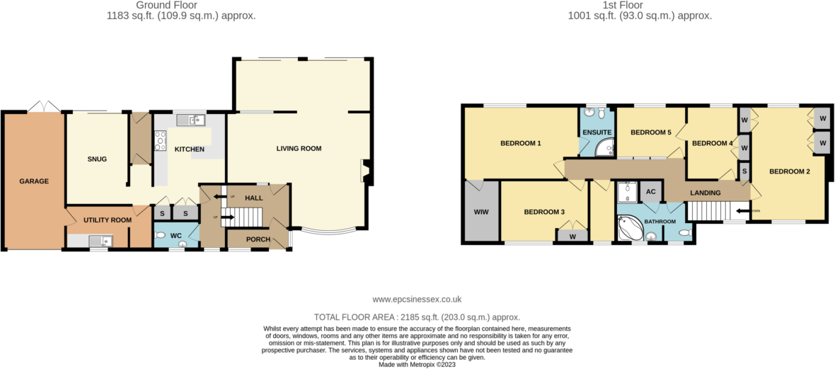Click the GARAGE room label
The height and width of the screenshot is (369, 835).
(x=34, y=181)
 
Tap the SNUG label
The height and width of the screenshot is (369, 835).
(x=97, y=159)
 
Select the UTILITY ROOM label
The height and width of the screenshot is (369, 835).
(x=108, y=220)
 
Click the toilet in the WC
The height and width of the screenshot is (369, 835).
(x=160, y=235)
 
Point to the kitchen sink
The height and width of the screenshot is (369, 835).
(x=190, y=120)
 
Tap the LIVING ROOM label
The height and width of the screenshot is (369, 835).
(x=299, y=149)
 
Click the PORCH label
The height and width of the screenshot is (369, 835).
(x=258, y=239)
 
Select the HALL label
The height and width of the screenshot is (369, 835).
(x=254, y=198)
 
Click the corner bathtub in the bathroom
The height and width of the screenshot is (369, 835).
(x=628, y=229)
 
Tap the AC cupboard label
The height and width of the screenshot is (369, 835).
(x=650, y=191)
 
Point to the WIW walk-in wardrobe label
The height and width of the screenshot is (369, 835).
(x=480, y=212)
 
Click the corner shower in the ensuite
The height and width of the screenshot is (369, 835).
(x=604, y=147)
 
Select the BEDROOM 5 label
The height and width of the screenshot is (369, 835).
(x=650, y=132)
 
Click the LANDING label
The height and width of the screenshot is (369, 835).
(x=706, y=193)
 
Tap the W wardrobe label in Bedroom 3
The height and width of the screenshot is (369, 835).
(x=572, y=237)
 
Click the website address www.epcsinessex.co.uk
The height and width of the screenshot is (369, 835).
(x=417, y=300)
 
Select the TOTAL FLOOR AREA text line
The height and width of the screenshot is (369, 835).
(x=417, y=317)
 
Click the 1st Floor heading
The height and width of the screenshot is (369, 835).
(x=639, y=5)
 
